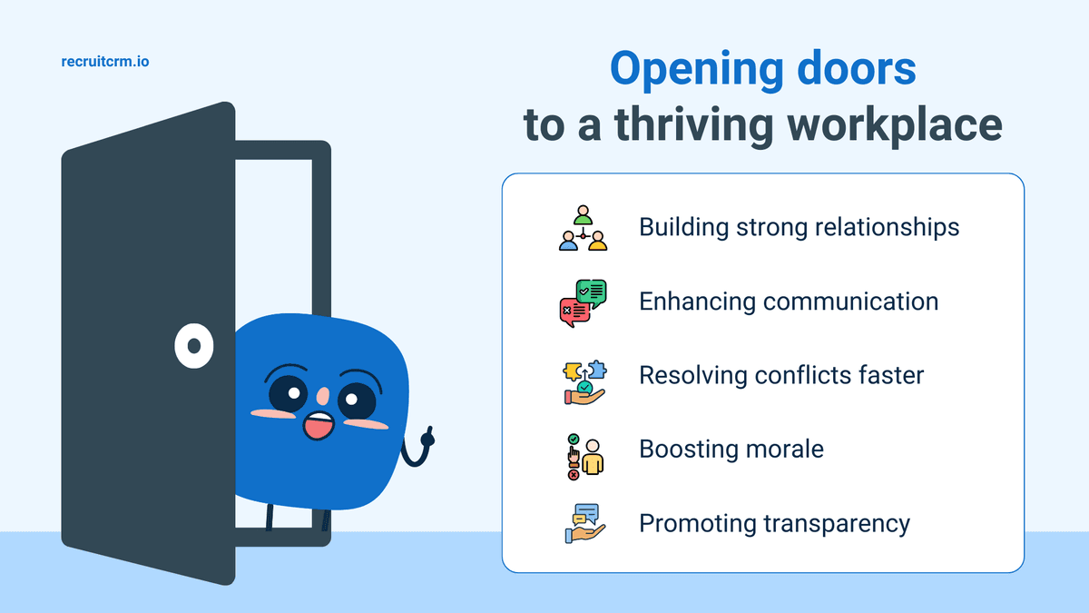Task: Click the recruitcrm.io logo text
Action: (x=105, y=62)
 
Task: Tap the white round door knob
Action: (x=194, y=345)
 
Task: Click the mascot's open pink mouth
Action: (x=319, y=426)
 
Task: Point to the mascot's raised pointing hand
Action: (x=427, y=438)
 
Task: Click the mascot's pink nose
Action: (x=323, y=397)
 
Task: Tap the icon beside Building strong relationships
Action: (x=583, y=228)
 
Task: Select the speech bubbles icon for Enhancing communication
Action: (x=583, y=302)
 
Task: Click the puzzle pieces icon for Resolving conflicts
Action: (x=584, y=382)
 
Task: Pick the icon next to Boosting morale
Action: (x=584, y=457)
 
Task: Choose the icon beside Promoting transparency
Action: (x=584, y=523)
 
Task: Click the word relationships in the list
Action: (x=888, y=227)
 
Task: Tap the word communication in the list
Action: (x=851, y=302)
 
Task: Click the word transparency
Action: (x=837, y=524)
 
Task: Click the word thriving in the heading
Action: (x=693, y=125)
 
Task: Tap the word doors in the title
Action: (x=857, y=69)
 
